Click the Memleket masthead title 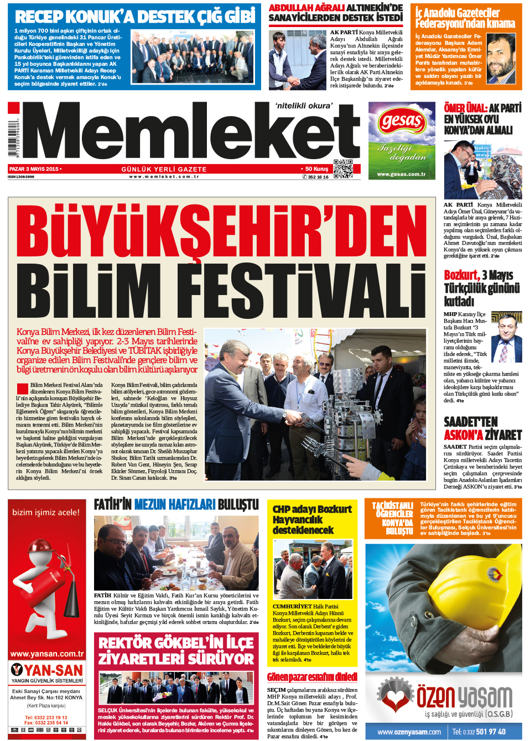point(191,133)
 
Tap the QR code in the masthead point(343,169)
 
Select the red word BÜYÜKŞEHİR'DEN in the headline point(221,232)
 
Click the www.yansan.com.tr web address point(47,654)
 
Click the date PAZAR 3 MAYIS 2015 point(34,169)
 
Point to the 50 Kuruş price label point(316,169)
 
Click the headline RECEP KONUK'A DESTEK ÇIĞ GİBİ point(135,17)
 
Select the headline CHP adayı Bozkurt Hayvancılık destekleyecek point(312,519)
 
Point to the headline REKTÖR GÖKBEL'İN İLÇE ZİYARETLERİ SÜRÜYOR point(176,650)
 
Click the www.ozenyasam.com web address point(409,732)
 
